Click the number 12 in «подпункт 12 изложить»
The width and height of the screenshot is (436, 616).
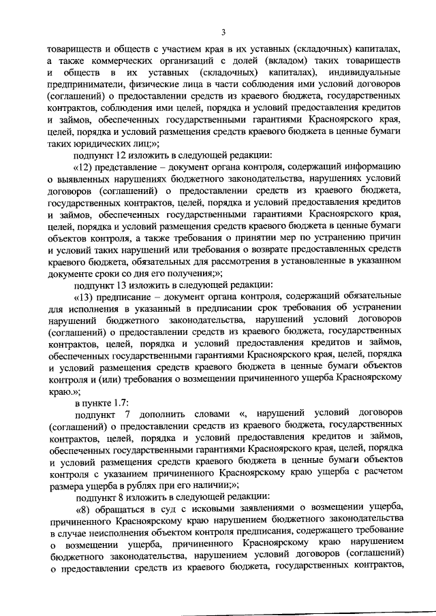[120, 155]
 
